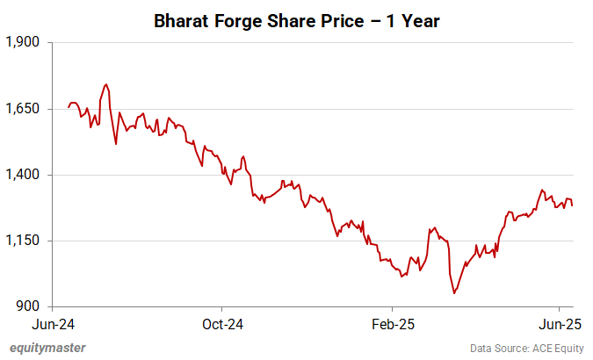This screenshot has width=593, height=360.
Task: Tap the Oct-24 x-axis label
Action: (222, 323)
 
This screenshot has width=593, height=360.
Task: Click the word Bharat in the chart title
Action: (182, 19)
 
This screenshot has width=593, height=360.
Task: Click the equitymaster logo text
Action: (47, 348)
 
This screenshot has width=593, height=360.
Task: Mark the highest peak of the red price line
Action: (106, 84)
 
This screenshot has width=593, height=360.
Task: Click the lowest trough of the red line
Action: (454, 292)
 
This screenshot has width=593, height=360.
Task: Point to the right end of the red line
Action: (573, 205)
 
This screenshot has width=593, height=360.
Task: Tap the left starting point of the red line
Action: (68, 107)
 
